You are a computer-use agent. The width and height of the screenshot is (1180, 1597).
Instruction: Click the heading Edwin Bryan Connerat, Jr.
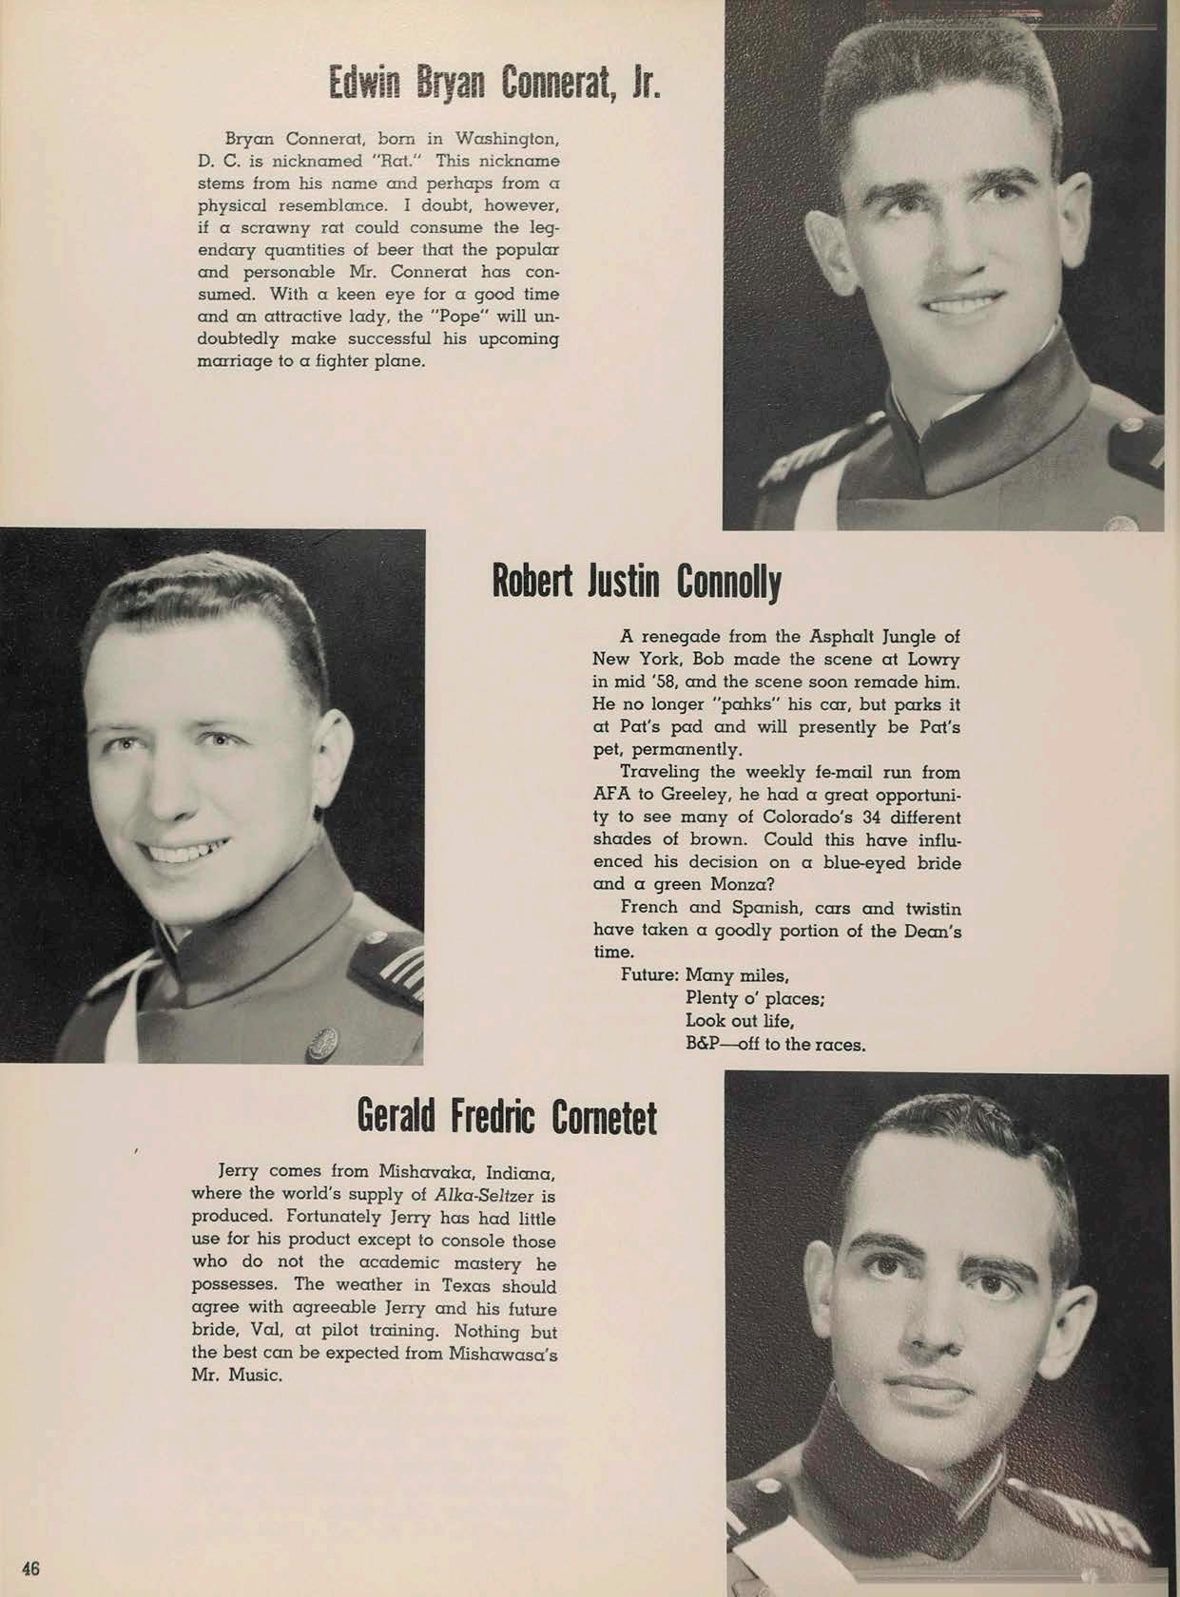493,83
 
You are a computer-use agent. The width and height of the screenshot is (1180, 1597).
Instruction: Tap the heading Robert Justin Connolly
636,581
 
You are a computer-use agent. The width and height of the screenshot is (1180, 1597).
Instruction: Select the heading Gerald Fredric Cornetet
507,1115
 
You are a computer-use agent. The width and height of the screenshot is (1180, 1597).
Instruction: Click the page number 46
30,1568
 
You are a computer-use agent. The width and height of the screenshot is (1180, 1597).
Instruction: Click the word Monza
732,884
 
